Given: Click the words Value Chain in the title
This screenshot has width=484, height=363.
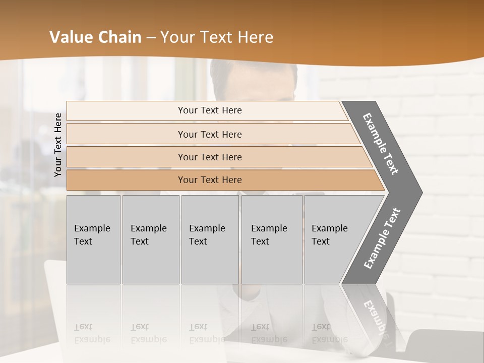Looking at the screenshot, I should [95, 37].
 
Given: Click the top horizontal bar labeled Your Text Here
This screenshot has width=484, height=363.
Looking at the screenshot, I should [209, 110].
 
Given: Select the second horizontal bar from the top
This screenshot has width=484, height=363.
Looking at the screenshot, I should [209, 134].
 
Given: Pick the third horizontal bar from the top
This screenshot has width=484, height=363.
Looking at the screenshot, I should [209, 157].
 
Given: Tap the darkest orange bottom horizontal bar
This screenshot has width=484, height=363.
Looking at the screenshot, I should [209, 180].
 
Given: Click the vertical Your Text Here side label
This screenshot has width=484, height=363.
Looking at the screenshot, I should [58, 145].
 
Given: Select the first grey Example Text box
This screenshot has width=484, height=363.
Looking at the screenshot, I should [93, 239].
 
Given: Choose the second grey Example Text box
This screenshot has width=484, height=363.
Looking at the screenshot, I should [150, 239].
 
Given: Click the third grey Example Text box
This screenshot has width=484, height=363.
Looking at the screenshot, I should [209, 239].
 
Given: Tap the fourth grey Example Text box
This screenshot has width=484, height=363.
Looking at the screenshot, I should [271, 239].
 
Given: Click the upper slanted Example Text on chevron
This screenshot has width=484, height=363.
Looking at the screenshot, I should [381, 144].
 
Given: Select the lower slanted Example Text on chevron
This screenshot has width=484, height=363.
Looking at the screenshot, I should [382, 238].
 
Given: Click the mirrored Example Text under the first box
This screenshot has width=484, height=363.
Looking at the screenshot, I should [92, 333].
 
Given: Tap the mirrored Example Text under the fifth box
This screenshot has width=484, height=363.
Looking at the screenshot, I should [329, 333].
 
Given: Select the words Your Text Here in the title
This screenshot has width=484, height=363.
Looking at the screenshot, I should [217, 37].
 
